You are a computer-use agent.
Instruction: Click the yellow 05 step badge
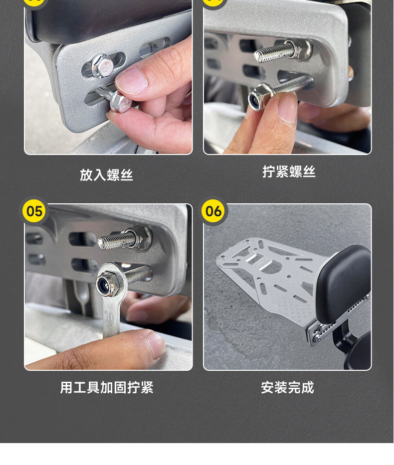coord(34,211)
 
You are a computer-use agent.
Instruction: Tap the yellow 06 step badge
coord(213,211)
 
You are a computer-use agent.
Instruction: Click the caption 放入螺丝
coord(106,175)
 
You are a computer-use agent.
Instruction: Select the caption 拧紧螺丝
coord(289,172)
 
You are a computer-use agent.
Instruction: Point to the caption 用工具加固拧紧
coord(107,387)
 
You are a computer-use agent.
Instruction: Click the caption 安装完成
coord(287,387)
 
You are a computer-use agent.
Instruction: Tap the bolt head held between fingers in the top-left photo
coord(120,102)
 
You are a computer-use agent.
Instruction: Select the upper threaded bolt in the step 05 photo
coord(125,238)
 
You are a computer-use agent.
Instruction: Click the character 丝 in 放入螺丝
coord(127,175)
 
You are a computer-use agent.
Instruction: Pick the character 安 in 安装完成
coord(267,387)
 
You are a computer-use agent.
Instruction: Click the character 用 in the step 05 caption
coord(66,387)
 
